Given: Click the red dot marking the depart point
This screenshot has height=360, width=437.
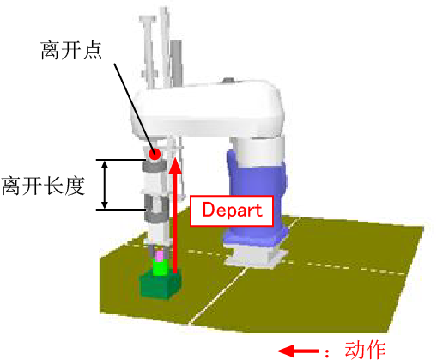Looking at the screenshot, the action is coord(155,154).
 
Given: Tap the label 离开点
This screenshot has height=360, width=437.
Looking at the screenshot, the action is coord(71,51).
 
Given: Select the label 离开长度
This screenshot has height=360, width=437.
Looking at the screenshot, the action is coord(44,186).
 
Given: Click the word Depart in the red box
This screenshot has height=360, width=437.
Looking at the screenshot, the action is coord(232,211).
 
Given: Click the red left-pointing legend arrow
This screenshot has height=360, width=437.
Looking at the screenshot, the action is coord(298,351).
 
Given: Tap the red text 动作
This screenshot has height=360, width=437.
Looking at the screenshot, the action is coord(366,350).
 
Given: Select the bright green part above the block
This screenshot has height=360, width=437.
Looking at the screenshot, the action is coord(161,268).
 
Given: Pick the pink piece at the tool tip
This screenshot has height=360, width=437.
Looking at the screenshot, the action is coord(160,256).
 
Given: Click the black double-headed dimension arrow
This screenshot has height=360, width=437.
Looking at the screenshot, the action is coord(105,185).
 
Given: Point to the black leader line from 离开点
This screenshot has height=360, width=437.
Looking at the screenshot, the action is coord(133,107).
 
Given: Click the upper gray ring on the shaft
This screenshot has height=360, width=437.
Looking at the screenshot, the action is coord(155,166).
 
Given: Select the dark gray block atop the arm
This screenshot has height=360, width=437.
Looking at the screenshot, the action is coord(176,63).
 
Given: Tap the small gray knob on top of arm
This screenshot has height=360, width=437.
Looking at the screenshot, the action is coord(229,80).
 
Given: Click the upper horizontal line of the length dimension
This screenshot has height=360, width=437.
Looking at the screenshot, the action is coord(121,160).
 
